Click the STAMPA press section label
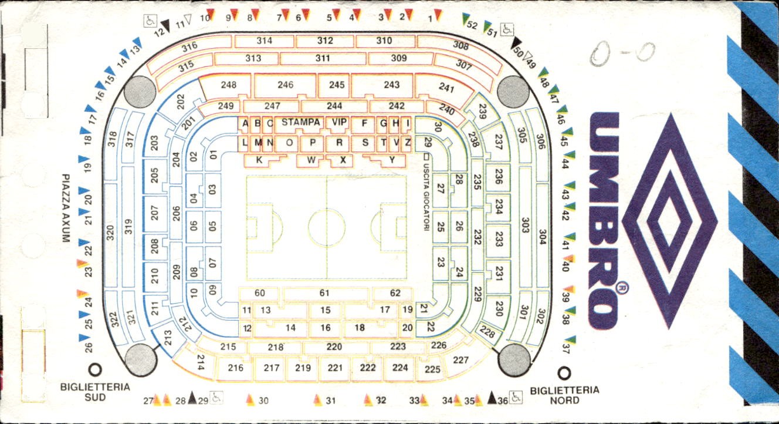click(300, 122)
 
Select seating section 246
click(285, 85)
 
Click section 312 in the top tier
click(325, 41)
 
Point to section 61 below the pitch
click(324, 293)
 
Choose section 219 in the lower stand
click(303, 368)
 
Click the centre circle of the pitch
click(327, 228)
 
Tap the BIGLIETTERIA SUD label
click(95, 392)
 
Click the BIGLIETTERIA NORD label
click(564, 395)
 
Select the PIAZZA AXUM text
click(66, 208)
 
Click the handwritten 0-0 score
click(622, 53)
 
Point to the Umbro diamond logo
click(669, 221)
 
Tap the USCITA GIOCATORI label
click(426, 197)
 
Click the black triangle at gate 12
click(165, 25)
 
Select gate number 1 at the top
click(431, 19)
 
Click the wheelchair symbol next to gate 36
click(516, 397)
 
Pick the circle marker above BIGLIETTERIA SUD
click(95, 370)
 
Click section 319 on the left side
click(128, 226)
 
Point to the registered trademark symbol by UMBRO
click(622, 288)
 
